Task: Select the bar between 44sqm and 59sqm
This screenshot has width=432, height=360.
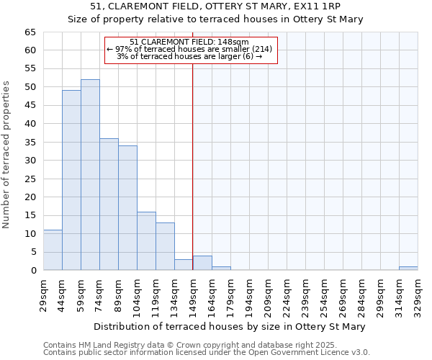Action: tap(71, 180)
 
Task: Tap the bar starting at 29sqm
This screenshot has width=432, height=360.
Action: tap(53, 250)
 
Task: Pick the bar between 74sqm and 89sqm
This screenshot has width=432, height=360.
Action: tap(109, 204)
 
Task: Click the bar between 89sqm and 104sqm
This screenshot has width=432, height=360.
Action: tap(127, 208)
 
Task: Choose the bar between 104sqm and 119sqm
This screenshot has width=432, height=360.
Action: tap(146, 241)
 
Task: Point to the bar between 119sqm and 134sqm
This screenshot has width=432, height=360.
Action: tap(165, 246)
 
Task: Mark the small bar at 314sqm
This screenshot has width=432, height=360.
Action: tap(408, 269)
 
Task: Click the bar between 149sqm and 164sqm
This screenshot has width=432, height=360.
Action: tap(202, 263)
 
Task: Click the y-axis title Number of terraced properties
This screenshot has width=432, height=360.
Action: tap(7, 155)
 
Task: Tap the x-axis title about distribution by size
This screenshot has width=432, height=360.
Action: tap(229, 326)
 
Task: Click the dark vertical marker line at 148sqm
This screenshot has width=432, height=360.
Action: tap(192, 166)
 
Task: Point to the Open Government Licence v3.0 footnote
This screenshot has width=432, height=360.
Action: tap(301, 352)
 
